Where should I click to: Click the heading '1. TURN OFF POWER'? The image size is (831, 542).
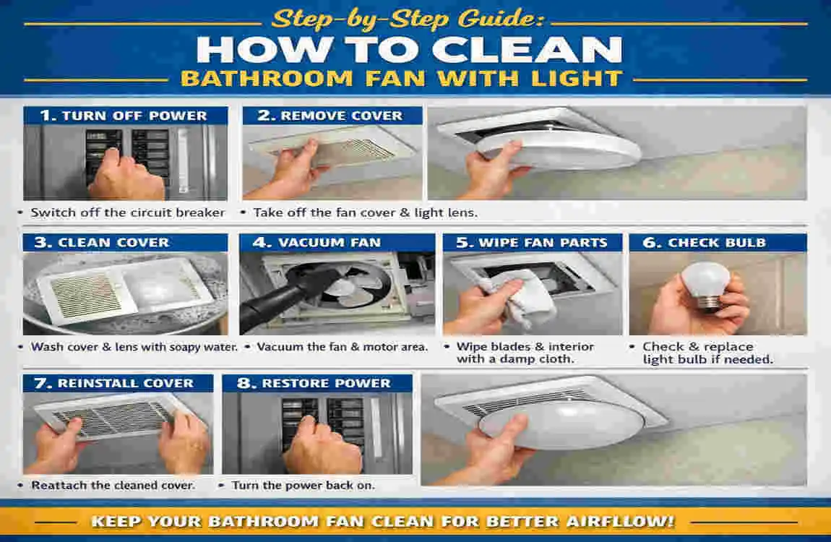tap(125, 116)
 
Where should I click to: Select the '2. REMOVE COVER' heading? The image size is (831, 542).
tap(332, 116)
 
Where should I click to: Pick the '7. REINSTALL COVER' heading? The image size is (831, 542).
tap(118, 383)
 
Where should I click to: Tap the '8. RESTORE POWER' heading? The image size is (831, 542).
tap(317, 383)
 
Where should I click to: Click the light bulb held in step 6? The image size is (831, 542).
tap(706, 285)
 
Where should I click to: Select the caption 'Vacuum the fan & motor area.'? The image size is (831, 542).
tap(342, 347)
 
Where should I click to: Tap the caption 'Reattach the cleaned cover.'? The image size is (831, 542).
tap(113, 485)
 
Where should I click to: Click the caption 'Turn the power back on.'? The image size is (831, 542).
tap(303, 485)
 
